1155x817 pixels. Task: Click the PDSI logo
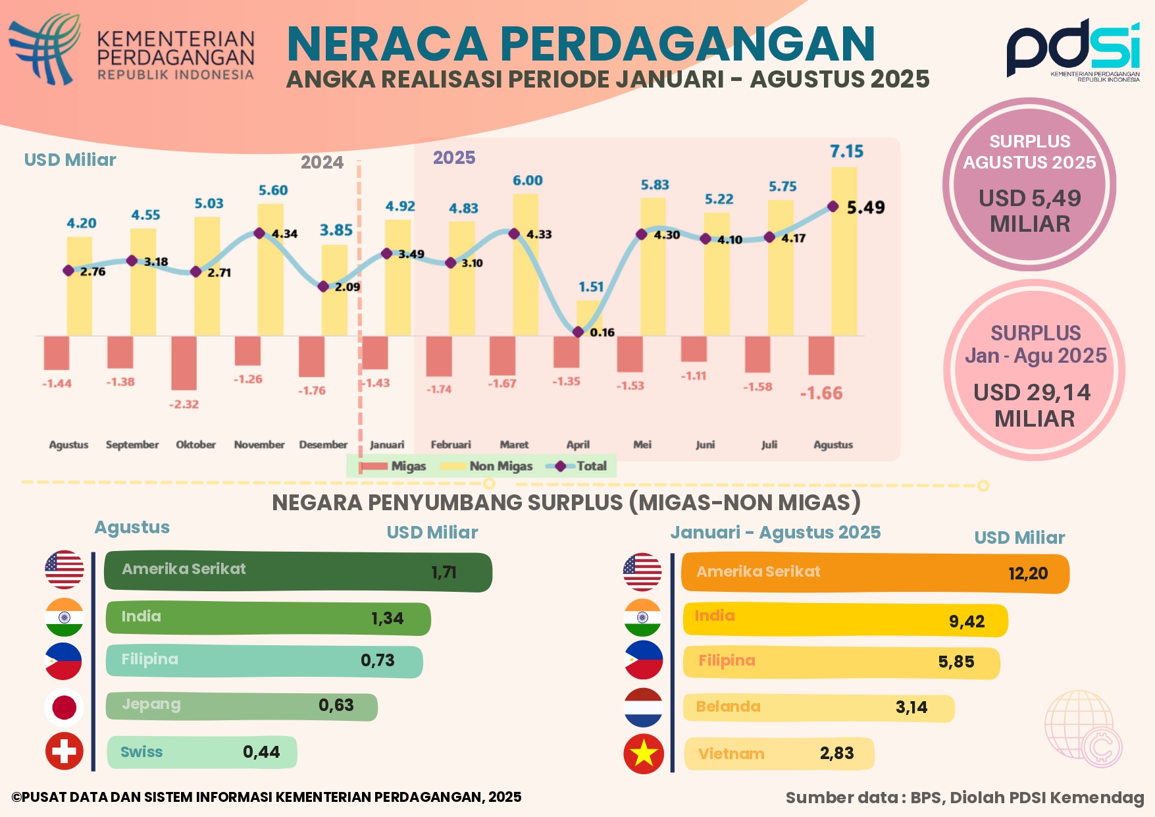click(1073, 49)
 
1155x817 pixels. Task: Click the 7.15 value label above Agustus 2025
click(846, 151)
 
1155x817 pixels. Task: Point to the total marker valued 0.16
click(578, 332)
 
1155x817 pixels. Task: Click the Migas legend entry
click(394, 466)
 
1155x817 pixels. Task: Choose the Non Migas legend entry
click(487, 466)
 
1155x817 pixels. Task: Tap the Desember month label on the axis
click(323, 444)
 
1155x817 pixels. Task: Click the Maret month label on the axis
click(514, 444)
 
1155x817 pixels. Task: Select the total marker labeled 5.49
click(833, 207)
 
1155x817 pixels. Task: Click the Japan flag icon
click(64, 708)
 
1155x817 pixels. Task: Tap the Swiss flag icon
click(64, 751)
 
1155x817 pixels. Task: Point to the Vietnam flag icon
click(643, 754)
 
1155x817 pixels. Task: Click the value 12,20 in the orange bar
click(1028, 573)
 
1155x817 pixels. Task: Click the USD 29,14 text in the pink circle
click(1032, 392)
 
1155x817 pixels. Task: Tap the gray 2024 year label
click(322, 163)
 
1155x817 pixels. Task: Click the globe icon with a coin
click(1083, 728)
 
